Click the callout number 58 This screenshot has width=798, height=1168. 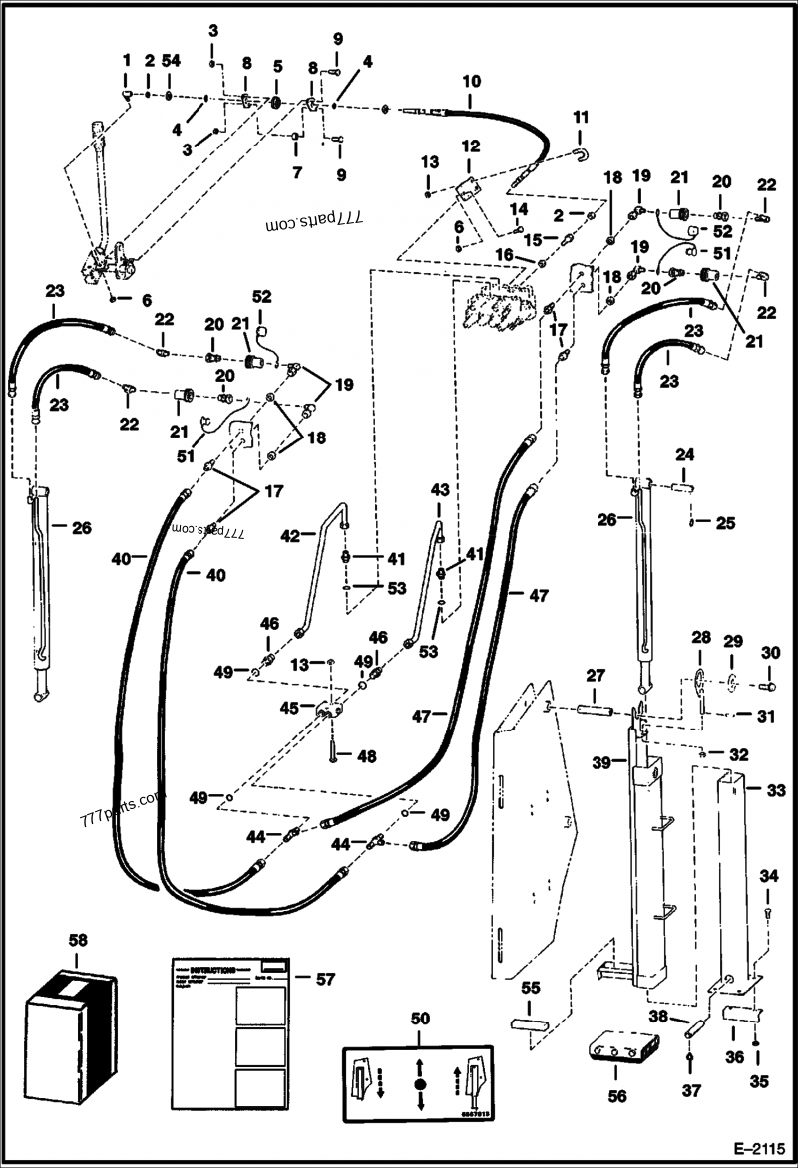tap(78, 939)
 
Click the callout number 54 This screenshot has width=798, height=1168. tap(171, 62)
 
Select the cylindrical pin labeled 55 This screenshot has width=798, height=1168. tap(529, 1024)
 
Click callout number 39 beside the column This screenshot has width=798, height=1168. tap(602, 762)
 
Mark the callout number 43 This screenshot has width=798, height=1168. tap(440, 491)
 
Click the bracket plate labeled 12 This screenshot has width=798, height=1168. tap(466, 189)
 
